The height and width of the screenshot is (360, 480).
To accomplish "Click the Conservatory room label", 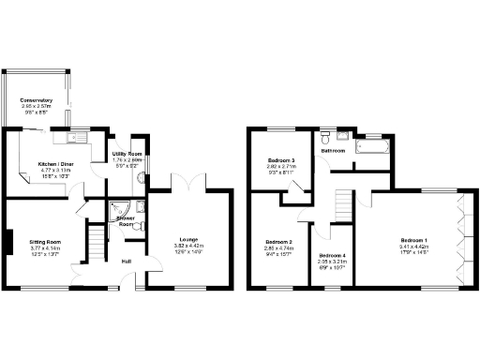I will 36,100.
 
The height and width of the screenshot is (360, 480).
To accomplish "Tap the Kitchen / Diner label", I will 55,163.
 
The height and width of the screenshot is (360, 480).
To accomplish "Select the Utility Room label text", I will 127,153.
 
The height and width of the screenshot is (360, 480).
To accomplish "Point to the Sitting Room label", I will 44,241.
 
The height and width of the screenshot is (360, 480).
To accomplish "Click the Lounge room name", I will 187,239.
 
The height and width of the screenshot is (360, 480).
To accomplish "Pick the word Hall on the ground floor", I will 126,261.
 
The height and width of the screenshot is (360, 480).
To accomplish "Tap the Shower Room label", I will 126,221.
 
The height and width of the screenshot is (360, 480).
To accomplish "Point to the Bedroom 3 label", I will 280,160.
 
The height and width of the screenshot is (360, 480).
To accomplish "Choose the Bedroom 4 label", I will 332,256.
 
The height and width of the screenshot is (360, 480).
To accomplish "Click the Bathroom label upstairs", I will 334,150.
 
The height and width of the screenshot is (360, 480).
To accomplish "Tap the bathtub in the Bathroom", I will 371,148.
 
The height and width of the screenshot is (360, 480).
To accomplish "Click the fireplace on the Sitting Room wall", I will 7,241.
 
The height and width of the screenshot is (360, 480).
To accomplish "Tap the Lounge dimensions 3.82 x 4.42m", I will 187,246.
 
